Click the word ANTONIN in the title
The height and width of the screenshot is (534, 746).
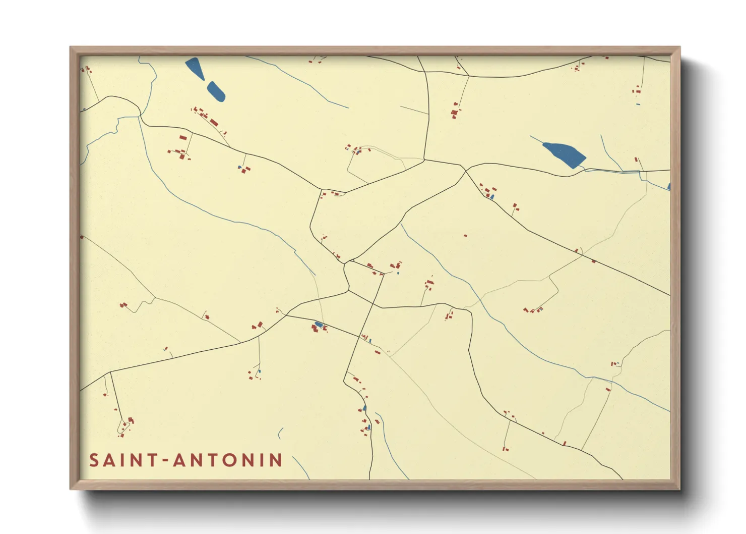click(227, 460)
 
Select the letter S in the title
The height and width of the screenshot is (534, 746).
click(94, 460)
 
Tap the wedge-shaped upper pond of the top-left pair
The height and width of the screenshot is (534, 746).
click(194, 68)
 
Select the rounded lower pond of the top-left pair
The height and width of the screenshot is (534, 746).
click(216, 91)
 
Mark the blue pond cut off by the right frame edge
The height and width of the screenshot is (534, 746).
click(668, 187)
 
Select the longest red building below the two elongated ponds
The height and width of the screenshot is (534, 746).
click(214, 122)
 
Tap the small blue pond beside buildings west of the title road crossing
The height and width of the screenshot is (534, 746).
click(318, 324)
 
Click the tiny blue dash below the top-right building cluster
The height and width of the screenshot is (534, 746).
click(638, 104)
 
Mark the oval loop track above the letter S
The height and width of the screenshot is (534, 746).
click(121, 429)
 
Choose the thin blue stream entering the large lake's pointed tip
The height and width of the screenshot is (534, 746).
click(536, 139)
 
